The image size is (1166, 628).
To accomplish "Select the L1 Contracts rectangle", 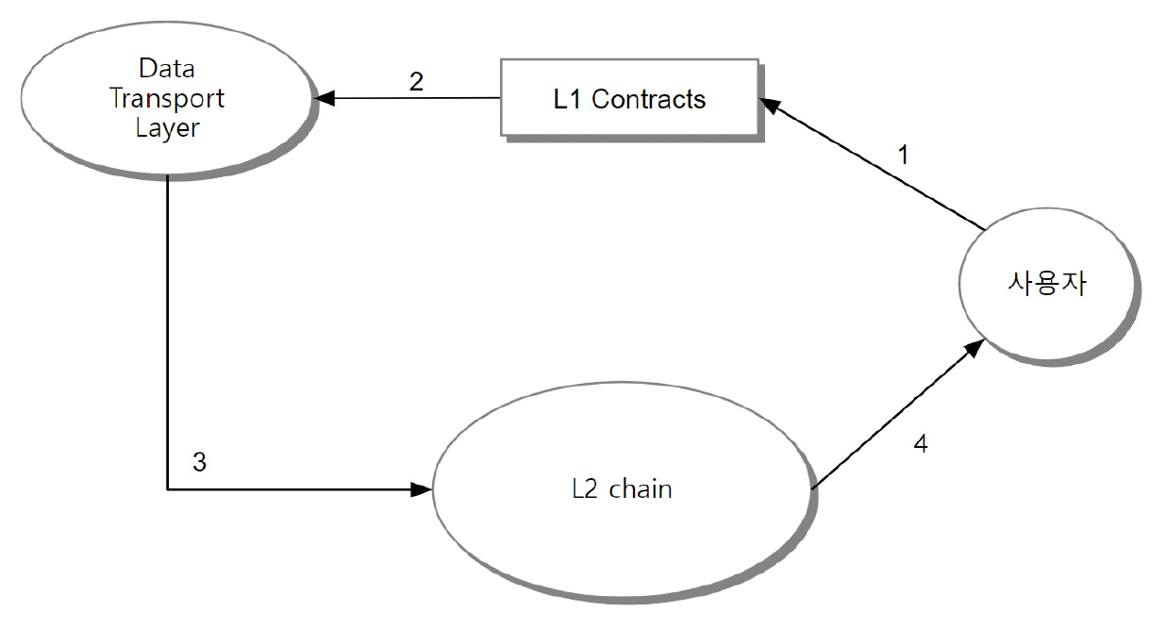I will coord(629,98).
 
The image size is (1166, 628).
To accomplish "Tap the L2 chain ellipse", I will coord(622,489).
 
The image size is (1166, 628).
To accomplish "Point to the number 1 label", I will coord(904,155).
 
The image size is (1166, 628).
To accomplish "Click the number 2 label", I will coord(416,80).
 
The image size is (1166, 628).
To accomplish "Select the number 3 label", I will coord(199,462).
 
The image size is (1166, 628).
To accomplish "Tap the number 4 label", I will coord(920,443).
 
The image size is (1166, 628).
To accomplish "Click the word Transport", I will coord(167,98).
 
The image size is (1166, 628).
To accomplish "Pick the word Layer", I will coord(167,128).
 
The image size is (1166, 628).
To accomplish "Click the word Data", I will coord(166,68).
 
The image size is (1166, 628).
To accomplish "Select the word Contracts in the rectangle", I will coord(649,99).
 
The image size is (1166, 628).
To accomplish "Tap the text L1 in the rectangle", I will coord(568,99).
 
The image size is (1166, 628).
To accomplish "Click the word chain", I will coord(641,488).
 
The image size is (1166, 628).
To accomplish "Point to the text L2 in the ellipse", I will coord(585,489).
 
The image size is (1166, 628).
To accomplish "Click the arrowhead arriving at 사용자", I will coord(975,348).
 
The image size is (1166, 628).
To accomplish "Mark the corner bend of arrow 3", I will coord(167,489).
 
